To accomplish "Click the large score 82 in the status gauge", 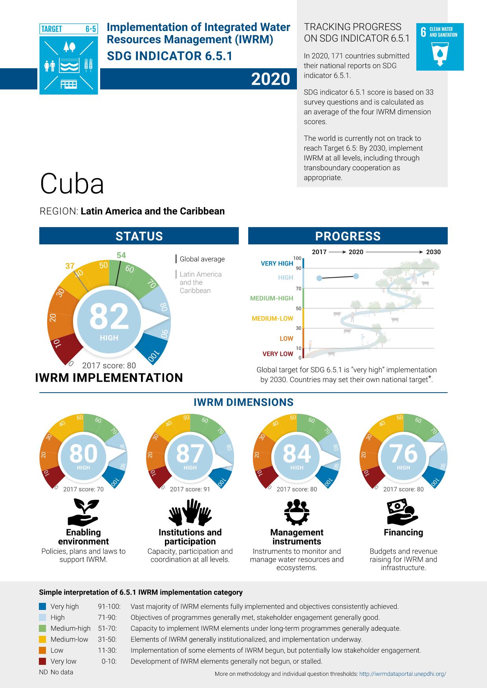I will [x=109, y=317].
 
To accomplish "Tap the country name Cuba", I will [x=72, y=184].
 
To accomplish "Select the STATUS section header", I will [x=139, y=236].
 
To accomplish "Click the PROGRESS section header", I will [x=348, y=236].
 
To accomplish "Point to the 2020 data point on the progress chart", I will [x=356, y=276].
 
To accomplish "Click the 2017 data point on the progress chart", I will [x=319, y=278].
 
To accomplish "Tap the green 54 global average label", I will [x=121, y=255].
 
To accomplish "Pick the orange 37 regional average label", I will [x=70, y=266].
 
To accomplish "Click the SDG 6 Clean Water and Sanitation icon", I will [x=440, y=47].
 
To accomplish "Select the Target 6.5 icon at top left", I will [x=69, y=59].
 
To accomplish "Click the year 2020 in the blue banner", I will [x=271, y=79].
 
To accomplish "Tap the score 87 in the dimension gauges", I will [x=190, y=453].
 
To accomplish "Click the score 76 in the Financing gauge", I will [x=403, y=453].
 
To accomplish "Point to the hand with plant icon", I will [x=83, y=512].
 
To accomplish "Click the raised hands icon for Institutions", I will [x=190, y=512].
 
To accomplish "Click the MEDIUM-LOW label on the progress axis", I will [x=273, y=319].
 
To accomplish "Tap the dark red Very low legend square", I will [x=43, y=661].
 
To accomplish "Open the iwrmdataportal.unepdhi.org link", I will [x=403, y=674].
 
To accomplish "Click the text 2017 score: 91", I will [x=190, y=489].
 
